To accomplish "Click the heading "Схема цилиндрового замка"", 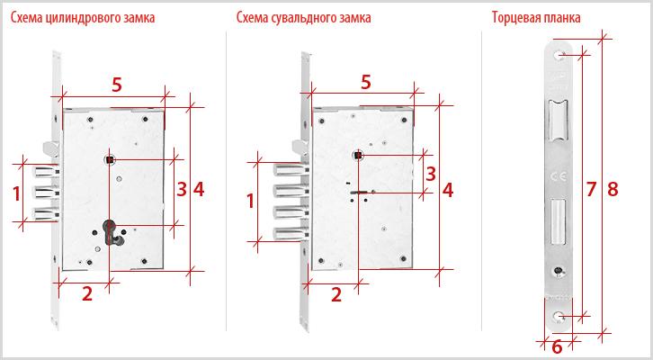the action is point(83,17).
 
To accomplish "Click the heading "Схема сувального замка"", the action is point(304,17).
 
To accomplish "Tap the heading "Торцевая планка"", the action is point(536,17).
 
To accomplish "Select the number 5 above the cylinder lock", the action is point(117,85).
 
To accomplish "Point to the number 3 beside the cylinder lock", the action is point(182,189).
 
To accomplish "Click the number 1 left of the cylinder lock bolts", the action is point(16,193).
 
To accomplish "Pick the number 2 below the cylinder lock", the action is point(87,293).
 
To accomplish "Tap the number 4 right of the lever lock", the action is point(448,190).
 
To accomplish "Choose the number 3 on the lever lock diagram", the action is point(431,174).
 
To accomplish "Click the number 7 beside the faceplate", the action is point(591,189).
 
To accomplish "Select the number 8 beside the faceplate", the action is point(613,189).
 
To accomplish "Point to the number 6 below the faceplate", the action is point(557,346).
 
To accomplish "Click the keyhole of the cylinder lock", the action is point(111,231).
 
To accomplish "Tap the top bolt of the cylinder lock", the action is point(47,171).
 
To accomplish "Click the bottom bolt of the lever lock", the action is point(291,233).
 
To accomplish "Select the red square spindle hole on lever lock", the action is point(358,156).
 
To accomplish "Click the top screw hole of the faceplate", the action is point(559,56).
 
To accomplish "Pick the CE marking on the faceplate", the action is point(558,176).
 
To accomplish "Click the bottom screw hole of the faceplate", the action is point(559,318).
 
